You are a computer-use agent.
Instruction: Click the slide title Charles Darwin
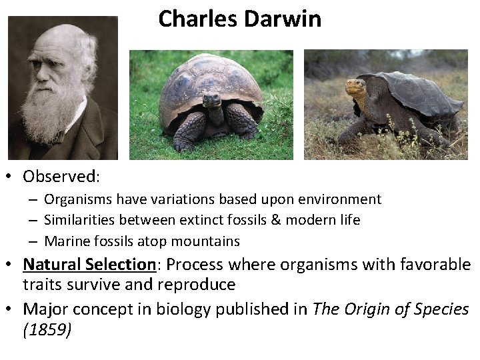point(239,19)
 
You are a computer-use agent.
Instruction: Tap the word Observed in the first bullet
point(60,177)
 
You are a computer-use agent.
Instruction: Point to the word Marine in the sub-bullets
point(66,241)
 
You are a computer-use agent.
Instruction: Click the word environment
point(341,199)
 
